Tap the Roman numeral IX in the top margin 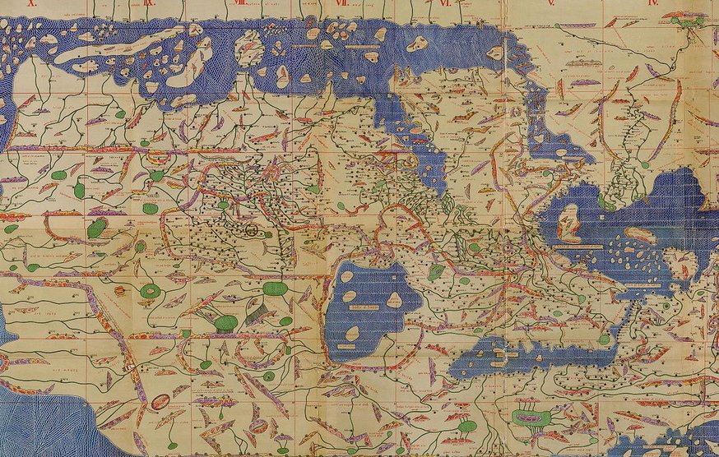(149, 3)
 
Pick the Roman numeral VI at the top (445, 3)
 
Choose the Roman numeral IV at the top (654, 3)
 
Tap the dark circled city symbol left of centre (249, 231)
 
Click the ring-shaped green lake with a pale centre (151, 291)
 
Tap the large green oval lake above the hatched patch (276, 289)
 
